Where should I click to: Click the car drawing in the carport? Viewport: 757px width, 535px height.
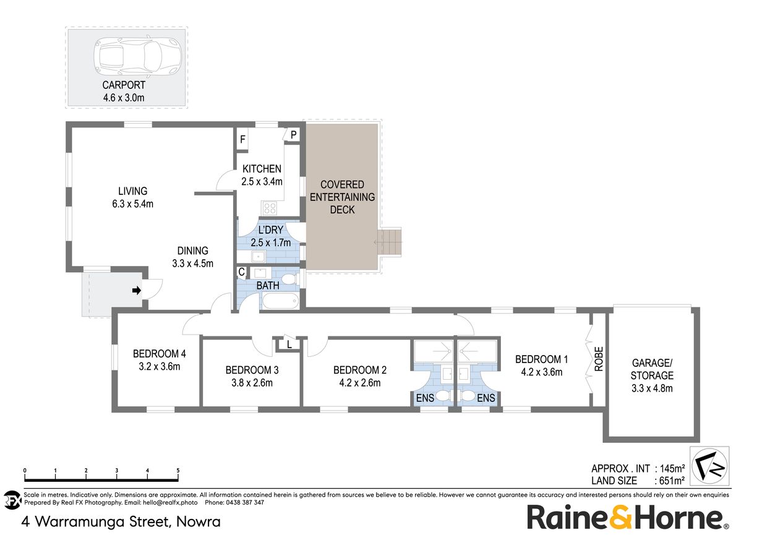pyautogui.click(x=137, y=56)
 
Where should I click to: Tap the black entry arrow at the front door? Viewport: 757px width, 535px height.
pyautogui.click(x=137, y=290)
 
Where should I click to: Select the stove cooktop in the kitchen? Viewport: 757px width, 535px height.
pyautogui.click(x=270, y=208)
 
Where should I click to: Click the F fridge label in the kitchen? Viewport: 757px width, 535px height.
pyautogui.click(x=242, y=139)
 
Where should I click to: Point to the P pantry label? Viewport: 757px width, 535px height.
pyautogui.click(x=293, y=135)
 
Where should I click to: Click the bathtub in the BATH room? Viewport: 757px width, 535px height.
pyautogui.click(x=281, y=301)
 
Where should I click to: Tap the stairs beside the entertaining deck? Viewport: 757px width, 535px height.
pyautogui.click(x=389, y=242)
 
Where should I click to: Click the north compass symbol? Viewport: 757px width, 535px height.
pyautogui.click(x=709, y=466)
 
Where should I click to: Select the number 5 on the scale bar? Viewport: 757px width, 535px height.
pyautogui.click(x=177, y=471)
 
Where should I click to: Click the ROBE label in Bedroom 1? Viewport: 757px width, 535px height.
pyautogui.click(x=599, y=359)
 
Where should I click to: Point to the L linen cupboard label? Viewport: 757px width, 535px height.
pyautogui.click(x=289, y=345)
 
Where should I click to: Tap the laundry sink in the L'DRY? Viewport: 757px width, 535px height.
pyautogui.click(x=258, y=256)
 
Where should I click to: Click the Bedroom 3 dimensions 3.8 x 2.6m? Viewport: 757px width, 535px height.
pyautogui.click(x=252, y=383)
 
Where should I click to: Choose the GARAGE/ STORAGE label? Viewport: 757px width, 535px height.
pyautogui.click(x=652, y=369)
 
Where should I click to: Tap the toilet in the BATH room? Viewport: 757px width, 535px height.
pyautogui.click(x=289, y=280)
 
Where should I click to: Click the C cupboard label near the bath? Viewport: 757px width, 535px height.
pyautogui.click(x=241, y=272)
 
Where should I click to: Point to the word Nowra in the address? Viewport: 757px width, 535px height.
pyautogui.click(x=199, y=521)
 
